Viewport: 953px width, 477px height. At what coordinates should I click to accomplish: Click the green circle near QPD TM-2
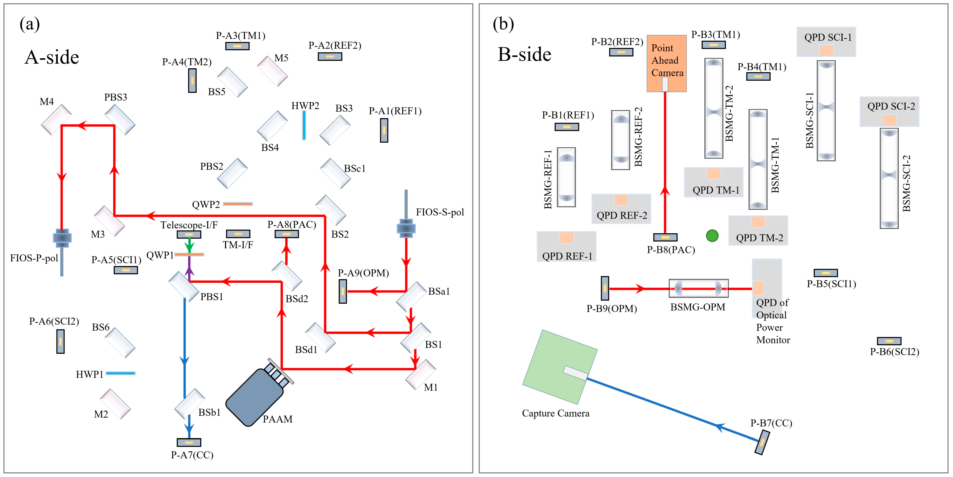click(x=712, y=235)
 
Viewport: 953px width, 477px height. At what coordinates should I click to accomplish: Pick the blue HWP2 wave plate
click(x=304, y=125)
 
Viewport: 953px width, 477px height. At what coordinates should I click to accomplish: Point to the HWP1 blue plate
click(x=121, y=373)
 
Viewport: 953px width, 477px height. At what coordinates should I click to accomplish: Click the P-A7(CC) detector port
click(x=189, y=442)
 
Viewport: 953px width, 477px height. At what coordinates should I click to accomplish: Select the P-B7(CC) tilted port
click(x=762, y=442)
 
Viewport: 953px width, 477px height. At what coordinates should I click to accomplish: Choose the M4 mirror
click(x=56, y=119)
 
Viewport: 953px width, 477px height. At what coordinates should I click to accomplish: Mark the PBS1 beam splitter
click(x=184, y=287)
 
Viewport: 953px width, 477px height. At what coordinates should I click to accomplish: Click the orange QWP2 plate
click(x=238, y=204)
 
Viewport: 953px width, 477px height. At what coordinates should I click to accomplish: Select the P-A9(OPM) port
click(x=343, y=291)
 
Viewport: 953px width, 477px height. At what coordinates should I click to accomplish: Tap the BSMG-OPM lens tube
click(x=699, y=288)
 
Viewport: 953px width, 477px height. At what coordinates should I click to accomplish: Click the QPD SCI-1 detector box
click(x=826, y=42)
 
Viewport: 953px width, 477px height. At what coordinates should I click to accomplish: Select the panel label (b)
click(x=503, y=24)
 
